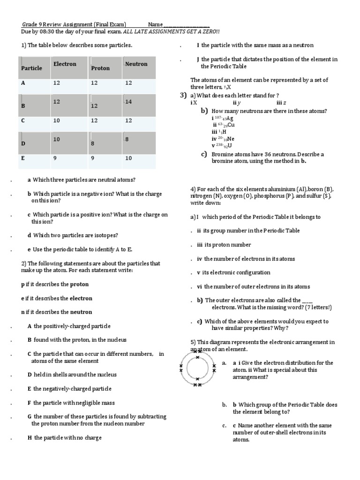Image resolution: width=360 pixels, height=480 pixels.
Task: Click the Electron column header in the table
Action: pyautogui.click(x=64, y=64)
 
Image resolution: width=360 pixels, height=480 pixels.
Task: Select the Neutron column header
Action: pyautogui.click(x=136, y=64)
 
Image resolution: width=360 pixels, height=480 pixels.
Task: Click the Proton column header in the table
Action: pyautogui.click(x=100, y=68)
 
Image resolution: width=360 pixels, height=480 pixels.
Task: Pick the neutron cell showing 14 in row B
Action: pyautogui.click(x=129, y=102)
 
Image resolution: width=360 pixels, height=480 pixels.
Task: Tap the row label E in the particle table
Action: pyautogui.click(x=23, y=158)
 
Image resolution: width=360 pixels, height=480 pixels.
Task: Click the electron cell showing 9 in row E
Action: pyautogui.click(x=55, y=158)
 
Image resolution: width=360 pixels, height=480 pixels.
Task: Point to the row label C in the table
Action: pyautogui.click(x=23, y=120)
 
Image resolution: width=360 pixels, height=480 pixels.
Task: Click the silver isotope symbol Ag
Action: pyautogui.click(x=230, y=118)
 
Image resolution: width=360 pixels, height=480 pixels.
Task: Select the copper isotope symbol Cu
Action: pyautogui.click(x=231, y=125)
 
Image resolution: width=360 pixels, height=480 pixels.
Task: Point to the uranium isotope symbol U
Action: pyautogui.click(x=230, y=146)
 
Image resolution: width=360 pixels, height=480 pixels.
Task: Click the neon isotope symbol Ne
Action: pyautogui.click(x=230, y=139)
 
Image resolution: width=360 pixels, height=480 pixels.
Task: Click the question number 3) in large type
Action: pyautogui.click(x=183, y=96)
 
